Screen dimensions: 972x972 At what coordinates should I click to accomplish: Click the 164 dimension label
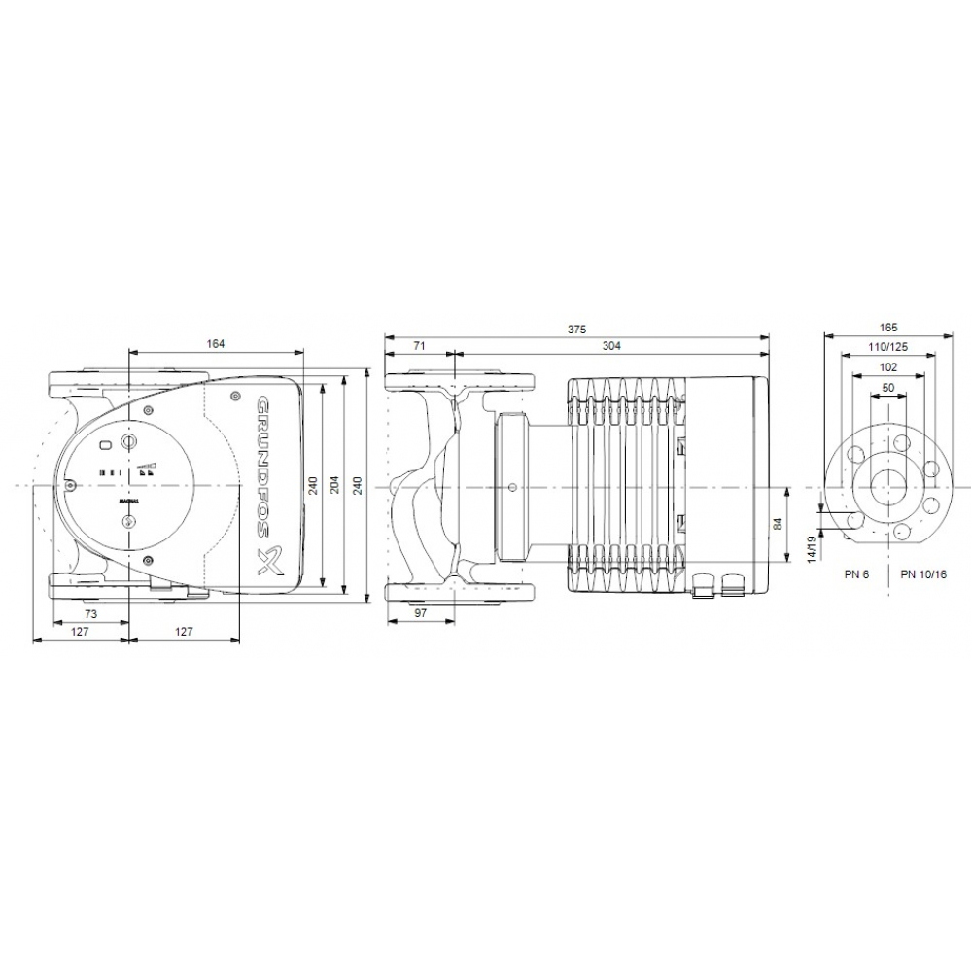[x=216, y=342]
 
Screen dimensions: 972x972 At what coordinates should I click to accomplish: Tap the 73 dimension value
[x=89, y=616]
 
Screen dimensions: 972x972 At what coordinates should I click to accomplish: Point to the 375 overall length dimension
[x=576, y=330]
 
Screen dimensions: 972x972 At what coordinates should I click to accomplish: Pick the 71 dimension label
[x=420, y=345]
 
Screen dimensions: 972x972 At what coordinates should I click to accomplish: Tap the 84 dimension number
[x=778, y=525]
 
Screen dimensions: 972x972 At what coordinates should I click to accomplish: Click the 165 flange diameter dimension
[x=887, y=330]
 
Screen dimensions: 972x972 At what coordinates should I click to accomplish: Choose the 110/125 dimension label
[x=887, y=348]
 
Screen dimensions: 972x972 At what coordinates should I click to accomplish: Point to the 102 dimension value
[x=887, y=367]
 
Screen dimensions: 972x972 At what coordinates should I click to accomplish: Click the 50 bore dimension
[x=887, y=388]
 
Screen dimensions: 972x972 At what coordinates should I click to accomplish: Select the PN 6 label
[x=855, y=574]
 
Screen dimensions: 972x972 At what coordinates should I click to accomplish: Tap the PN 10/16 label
[x=922, y=574]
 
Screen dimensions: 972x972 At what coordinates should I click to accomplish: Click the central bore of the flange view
[x=887, y=485]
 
